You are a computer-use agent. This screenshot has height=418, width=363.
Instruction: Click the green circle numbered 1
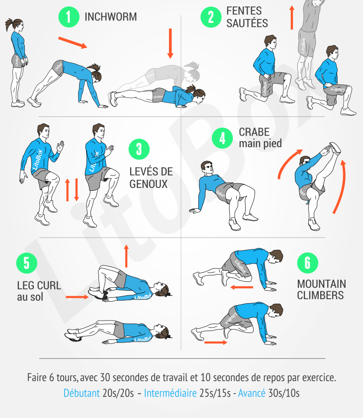click(69, 17)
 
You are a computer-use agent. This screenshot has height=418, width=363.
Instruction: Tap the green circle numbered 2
click(211, 17)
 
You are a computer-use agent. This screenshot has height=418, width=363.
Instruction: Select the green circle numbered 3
click(139, 149)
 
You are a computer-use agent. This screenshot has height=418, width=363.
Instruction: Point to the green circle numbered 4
click(222, 138)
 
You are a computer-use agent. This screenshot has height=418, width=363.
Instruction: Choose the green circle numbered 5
click(27, 263)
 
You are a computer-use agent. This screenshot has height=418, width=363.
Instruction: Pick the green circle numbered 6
click(307, 263)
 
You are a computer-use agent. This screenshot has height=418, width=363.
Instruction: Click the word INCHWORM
click(111, 17)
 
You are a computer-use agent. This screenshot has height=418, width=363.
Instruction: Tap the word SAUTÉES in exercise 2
click(247, 23)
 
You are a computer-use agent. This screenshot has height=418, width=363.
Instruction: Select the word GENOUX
click(148, 184)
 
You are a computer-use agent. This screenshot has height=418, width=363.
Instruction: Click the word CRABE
click(254, 132)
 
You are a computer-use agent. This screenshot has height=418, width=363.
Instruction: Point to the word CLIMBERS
click(320, 295)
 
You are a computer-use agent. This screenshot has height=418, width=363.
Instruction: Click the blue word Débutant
click(82, 393)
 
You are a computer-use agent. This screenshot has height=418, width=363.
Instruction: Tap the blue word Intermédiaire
click(171, 393)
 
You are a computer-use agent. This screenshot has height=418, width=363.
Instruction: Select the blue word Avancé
click(252, 393)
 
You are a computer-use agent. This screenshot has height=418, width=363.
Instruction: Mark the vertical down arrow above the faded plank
click(170, 43)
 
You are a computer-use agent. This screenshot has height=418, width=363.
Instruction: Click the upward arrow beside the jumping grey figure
click(292, 17)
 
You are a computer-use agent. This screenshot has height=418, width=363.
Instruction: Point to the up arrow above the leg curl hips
click(126, 256)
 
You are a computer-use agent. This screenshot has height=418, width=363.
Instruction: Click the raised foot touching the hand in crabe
click(335, 148)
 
